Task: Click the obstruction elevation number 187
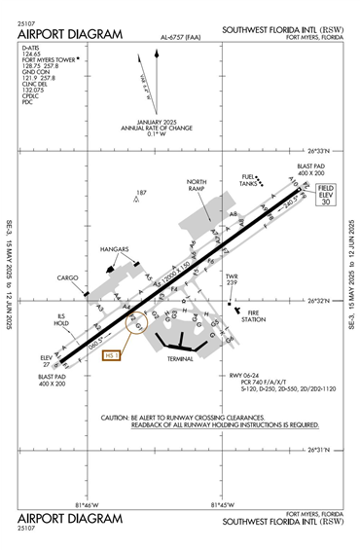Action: [x=141, y=193]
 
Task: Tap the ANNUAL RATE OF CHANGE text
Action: [x=152, y=128]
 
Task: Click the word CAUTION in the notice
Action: [x=121, y=417]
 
